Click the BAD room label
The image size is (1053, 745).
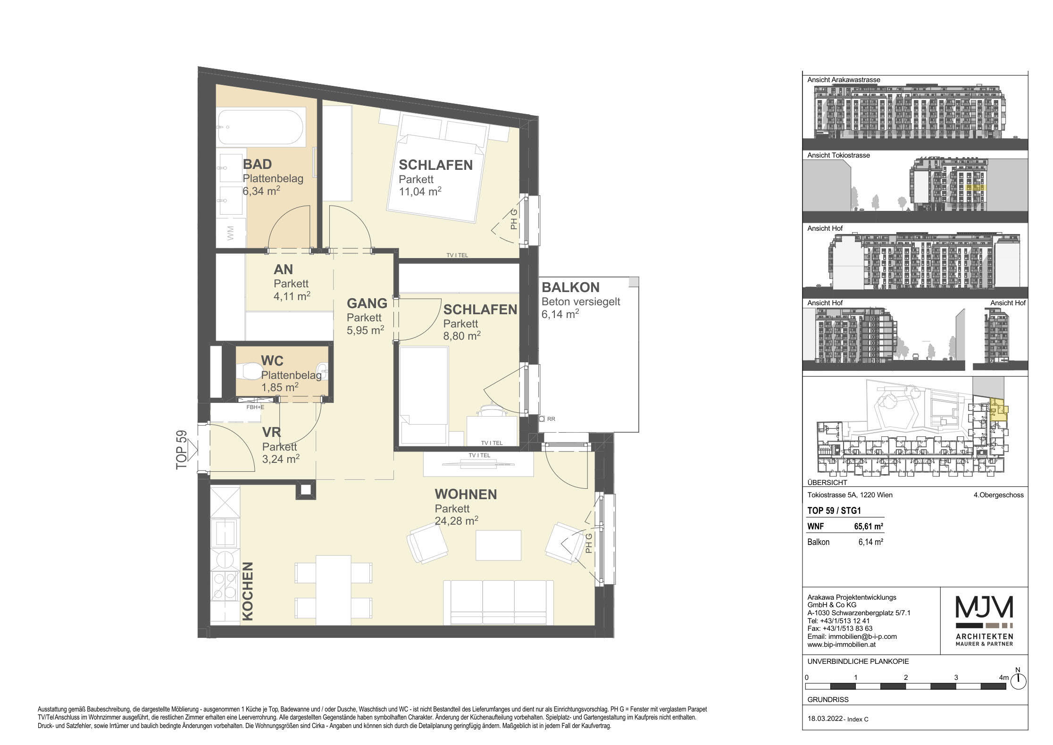[x=257, y=164]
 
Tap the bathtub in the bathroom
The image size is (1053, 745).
[x=261, y=127]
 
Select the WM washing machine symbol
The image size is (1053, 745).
[x=231, y=233]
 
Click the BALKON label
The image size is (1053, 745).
[x=570, y=287]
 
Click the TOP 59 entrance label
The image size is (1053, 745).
[x=182, y=450]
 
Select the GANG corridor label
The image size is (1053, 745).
[x=367, y=303]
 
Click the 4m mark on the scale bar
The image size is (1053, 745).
[x=1004, y=678]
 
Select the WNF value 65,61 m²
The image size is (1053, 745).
[x=869, y=527]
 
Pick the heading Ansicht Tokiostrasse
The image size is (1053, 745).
[x=838, y=155]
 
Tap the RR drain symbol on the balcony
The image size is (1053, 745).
[x=547, y=419]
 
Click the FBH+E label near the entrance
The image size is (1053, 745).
[x=256, y=407]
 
